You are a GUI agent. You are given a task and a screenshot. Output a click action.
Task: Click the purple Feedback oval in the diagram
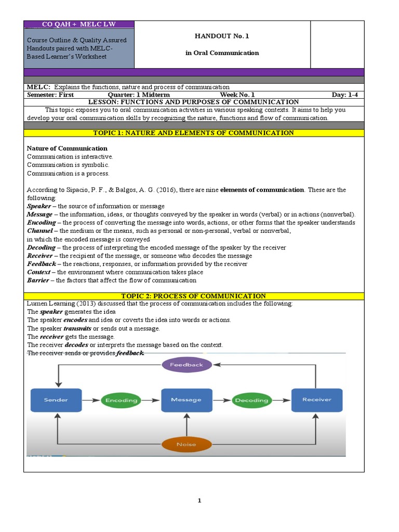[x=187, y=365]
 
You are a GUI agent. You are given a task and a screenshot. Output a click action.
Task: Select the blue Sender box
[x=56, y=400]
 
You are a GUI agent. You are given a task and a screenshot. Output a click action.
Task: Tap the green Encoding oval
[x=121, y=401]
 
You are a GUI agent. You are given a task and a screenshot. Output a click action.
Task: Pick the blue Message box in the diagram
[x=186, y=400]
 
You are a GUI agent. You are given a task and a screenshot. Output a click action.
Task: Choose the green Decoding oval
[x=251, y=401]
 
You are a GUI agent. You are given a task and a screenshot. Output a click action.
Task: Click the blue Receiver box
[x=316, y=400]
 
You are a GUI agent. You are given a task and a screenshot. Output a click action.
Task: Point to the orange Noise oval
[x=186, y=444]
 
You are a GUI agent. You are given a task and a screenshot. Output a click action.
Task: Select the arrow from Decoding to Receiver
[x=281, y=401]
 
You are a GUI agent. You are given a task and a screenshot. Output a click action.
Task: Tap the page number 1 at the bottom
[x=199, y=501]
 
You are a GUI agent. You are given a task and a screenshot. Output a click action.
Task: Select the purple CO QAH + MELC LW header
[x=79, y=24]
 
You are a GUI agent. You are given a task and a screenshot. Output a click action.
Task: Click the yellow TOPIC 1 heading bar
[x=194, y=133]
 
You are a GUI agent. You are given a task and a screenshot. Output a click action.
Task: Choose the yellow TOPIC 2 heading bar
[x=194, y=296]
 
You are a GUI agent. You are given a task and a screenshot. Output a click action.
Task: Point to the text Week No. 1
[x=237, y=95]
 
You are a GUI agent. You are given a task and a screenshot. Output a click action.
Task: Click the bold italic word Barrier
[x=38, y=281]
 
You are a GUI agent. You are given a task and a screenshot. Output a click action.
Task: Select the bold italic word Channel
[x=39, y=231]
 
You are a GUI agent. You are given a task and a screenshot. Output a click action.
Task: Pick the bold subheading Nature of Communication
[x=67, y=149]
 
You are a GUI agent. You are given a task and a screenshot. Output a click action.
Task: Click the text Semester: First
[x=50, y=95]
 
